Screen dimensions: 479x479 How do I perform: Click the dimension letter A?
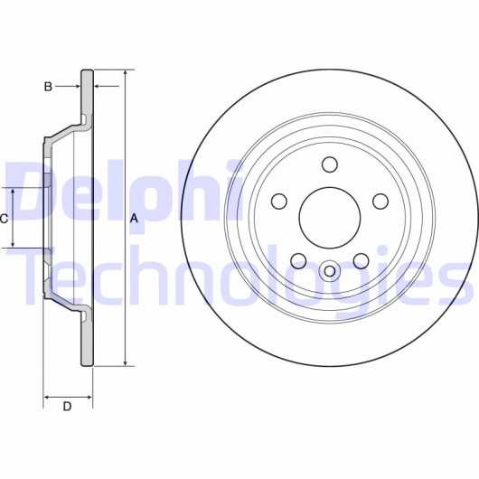pyautogui.click(x=134, y=219)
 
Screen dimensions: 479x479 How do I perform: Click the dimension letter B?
pyautogui.click(x=48, y=87)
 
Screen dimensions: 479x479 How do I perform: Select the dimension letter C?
pyautogui.click(x=4, y=219)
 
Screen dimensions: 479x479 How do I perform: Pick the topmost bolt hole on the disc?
pyautogui.click(x=330, y=164)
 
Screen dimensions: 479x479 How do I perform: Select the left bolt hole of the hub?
pyautogui.click(x=279, y=202)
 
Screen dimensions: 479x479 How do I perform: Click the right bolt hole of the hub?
pyautogui.click(x=380, y=202)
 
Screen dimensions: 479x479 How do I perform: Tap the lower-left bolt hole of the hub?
pyautogui.click(x=298, y=260)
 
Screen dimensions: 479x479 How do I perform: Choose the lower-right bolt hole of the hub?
pyautogui.click(x=362, y=260)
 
